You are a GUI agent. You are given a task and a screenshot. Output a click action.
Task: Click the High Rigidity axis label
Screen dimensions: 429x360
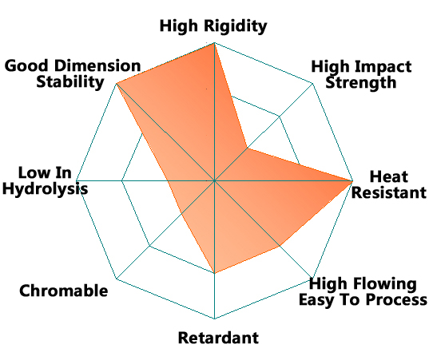pos(213,26)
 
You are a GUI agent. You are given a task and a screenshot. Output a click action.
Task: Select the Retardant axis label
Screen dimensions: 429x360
pos(218,338)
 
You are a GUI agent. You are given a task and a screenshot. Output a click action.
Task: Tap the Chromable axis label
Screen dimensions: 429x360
pos(64,291)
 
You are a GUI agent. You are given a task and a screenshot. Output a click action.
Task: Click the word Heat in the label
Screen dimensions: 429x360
pos(389,176)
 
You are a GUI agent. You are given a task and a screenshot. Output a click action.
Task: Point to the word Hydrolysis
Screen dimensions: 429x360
pos(46,189)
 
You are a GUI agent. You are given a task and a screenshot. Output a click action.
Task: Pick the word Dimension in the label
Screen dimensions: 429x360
pos(97,66)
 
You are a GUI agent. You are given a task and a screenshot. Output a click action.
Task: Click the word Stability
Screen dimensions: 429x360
pos(70,82)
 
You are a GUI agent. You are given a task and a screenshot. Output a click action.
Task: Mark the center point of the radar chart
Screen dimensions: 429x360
pos(214,180)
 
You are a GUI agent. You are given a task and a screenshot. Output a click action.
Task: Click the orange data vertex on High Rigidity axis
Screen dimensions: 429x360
pos(214,43)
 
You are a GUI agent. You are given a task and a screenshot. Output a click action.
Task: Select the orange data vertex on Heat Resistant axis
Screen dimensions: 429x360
pos(352,180)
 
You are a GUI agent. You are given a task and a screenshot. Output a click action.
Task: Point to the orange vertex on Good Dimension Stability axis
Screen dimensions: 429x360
pos(117,83)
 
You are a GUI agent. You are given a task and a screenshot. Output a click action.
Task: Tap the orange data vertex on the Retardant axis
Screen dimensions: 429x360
pos(214,273)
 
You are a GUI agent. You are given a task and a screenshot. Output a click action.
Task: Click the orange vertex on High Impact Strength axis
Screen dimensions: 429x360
pos(248,148)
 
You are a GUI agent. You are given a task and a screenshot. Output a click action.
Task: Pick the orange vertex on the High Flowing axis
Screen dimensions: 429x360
pos(280,246)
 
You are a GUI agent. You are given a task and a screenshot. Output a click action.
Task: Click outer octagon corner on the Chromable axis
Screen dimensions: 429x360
pos(117,279)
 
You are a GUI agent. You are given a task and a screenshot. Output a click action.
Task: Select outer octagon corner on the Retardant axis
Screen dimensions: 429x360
pos(214,318)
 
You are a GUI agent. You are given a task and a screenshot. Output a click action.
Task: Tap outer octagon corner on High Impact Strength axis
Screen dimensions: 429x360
pos(312,83)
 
